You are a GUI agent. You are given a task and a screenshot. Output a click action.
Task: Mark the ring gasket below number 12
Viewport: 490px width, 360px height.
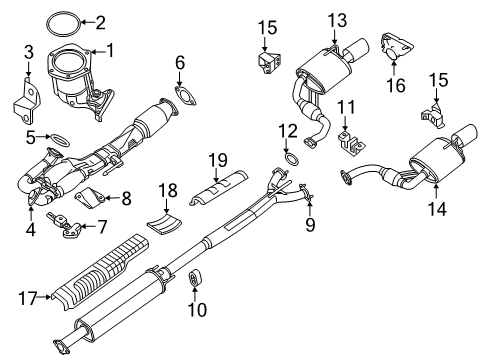click(290, 161)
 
